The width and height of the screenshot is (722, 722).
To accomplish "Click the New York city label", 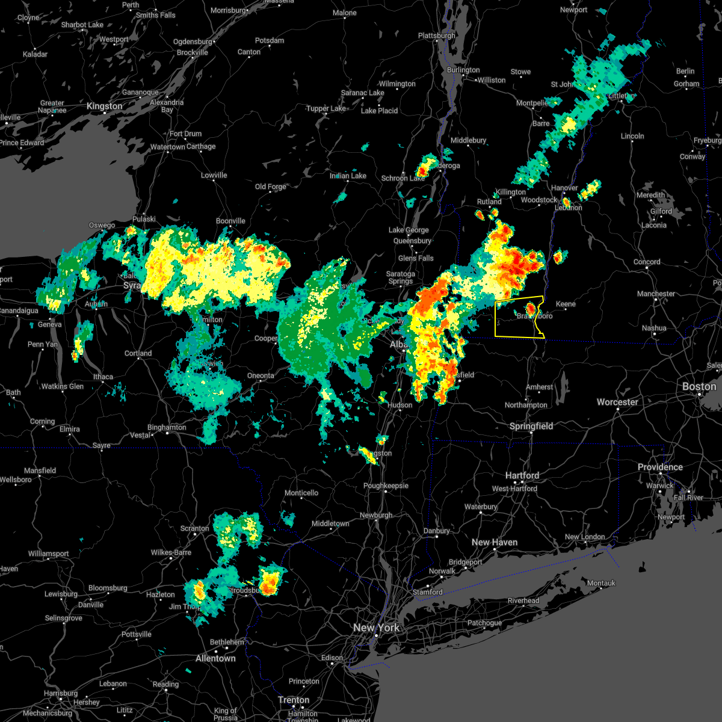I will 376,628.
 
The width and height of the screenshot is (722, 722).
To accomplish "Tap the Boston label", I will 699,386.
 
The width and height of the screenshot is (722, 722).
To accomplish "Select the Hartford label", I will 522,475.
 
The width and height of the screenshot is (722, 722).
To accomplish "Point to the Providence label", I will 660,467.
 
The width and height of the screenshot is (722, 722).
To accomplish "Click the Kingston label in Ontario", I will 104,106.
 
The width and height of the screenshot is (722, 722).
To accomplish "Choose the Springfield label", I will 531,426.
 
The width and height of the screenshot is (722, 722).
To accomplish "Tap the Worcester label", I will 617,402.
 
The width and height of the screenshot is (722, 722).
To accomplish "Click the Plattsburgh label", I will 437,35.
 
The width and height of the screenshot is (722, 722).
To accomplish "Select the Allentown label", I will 215,658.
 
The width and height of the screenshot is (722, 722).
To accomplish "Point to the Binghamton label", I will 167,427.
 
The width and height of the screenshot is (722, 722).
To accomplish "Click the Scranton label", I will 194,528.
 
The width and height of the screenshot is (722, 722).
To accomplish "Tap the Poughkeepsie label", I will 386,486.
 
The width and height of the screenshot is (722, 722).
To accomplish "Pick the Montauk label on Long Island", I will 601,583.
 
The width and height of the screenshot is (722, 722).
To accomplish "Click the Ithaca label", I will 103,377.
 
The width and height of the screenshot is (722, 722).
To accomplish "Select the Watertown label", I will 167,147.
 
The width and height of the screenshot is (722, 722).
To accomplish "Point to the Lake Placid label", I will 379,111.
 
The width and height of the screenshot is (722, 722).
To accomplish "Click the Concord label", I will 647,262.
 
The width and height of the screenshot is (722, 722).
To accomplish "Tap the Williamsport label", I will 49,554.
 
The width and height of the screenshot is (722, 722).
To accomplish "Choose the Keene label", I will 566,304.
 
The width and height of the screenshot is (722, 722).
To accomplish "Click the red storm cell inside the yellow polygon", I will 531,309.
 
